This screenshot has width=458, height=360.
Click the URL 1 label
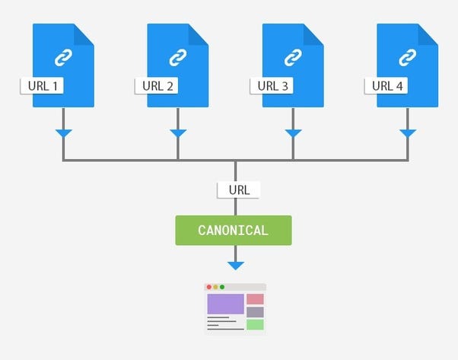pyautogui.click(x=43, y=85)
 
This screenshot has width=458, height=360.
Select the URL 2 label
pyautogui.click(x=157, y=85)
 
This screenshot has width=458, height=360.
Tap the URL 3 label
pyautogui.click(x=272, y=85)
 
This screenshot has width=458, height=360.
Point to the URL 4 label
pyautogui.click(x=387, y=85)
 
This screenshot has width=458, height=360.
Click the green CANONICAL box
pyautogui.click(x=233, y=230)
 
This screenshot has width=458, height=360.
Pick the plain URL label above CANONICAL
pyautogui.click(x=238, y=190)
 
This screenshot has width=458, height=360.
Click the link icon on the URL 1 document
pyautogui.click(x=63, y=56)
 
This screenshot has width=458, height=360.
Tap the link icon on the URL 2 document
pyautogui.click(x=177, y=56)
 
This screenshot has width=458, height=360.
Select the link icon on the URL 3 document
pyautogui.click(x=293, y=56)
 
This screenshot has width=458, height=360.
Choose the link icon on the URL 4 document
pyautogui.click(x=408, y=56)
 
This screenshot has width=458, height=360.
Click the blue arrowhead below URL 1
pyautogui.click(x=63, y=134)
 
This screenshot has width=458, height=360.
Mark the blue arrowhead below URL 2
pyautogui.click(x=177, y=134)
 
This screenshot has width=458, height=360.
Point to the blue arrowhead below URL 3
pyautogui.click(x=293, y=134)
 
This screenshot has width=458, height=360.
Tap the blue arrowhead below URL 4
pyautogui.click(x=408, y=134)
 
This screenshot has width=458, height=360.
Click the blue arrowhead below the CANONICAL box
pyautogui.click(x=236, y=266)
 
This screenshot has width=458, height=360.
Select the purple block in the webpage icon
pyautogui.click(x=225, y=304)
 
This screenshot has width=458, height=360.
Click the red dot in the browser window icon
pyautogui.click(x=208, y=287)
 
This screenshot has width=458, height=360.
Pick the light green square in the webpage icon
pyautogui.click(x=255, y=324)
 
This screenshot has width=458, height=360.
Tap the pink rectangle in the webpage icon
pyautogui.click(x=255, y=299)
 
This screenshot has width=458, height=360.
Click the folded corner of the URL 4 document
pyautogui.click(x=428, y=33)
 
